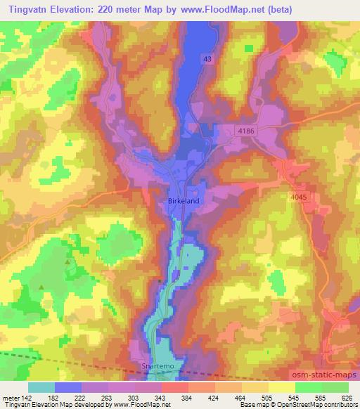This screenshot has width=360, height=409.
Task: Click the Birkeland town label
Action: (184, 201)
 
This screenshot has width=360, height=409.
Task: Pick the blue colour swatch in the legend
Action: (69, 387)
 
